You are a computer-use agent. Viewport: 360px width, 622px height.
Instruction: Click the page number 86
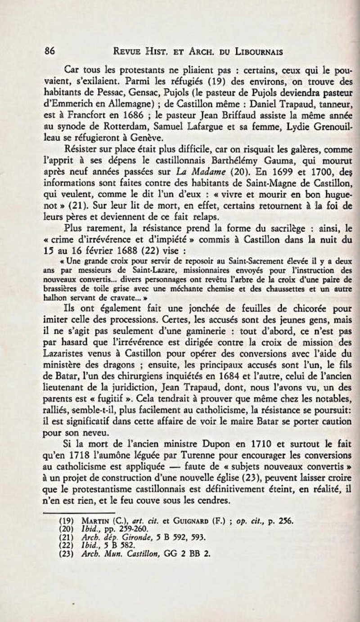(49, 51)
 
